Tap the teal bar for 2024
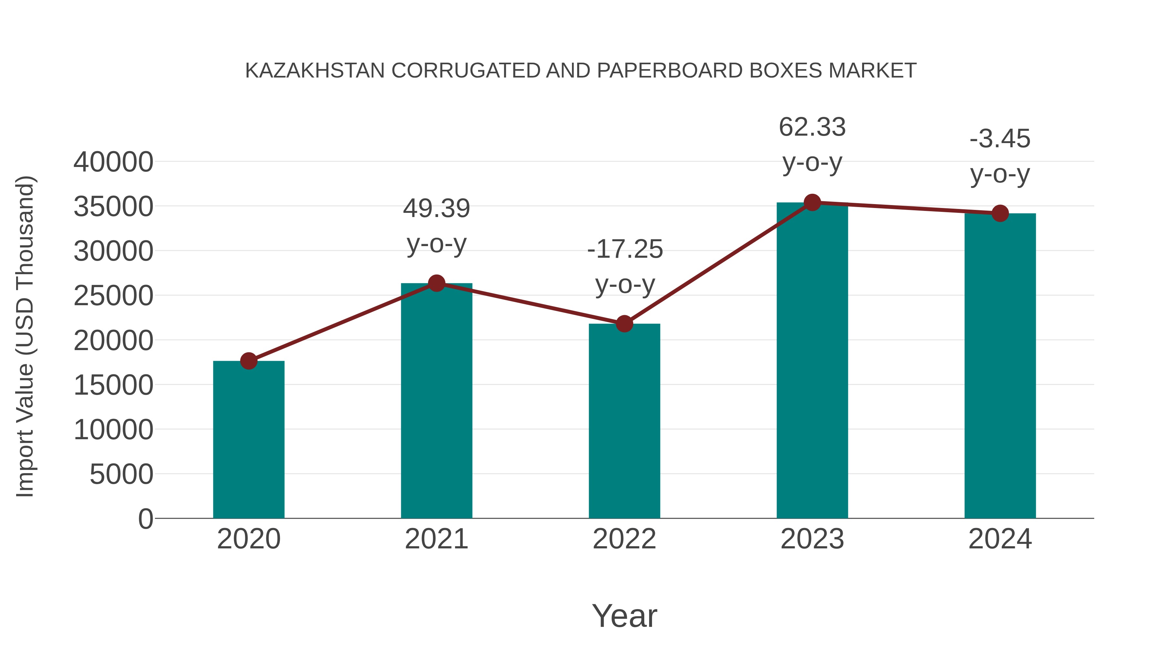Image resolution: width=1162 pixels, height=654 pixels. coord(1000,366)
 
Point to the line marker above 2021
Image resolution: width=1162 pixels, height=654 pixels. coord(436,284)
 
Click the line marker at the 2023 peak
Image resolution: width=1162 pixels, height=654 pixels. coord(812,202)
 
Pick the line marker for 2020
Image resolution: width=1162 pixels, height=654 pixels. coord(249,361)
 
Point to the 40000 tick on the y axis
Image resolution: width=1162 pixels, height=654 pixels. coord(113,162)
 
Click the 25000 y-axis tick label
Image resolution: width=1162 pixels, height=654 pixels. coord(113,296)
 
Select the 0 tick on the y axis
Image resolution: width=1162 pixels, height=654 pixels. coord(146,519)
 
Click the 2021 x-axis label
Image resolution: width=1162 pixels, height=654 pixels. coord(436,539)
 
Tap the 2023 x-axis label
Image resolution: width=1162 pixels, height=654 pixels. coord(812,539)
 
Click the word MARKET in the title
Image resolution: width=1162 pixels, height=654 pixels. coord(872,71)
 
